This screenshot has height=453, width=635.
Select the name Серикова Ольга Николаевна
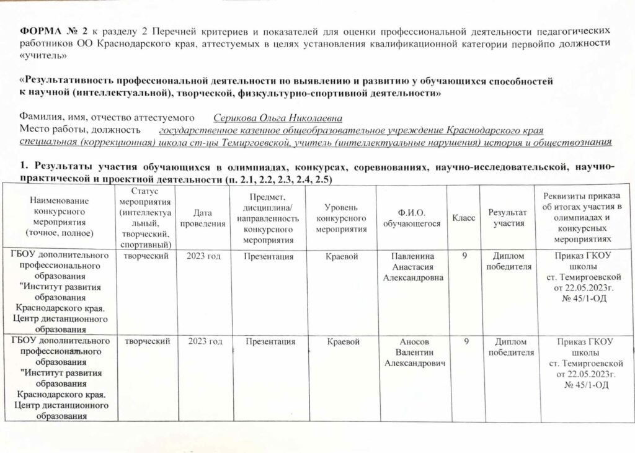click(x=278, y=118)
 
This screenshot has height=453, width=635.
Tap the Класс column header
click(x=464, y=218)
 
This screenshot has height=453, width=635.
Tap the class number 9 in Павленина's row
click(x=464, y=255)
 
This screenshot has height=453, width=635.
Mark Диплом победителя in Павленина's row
click(x=510, y=261)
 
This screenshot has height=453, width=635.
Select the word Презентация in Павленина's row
click(x=269, y=256)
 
